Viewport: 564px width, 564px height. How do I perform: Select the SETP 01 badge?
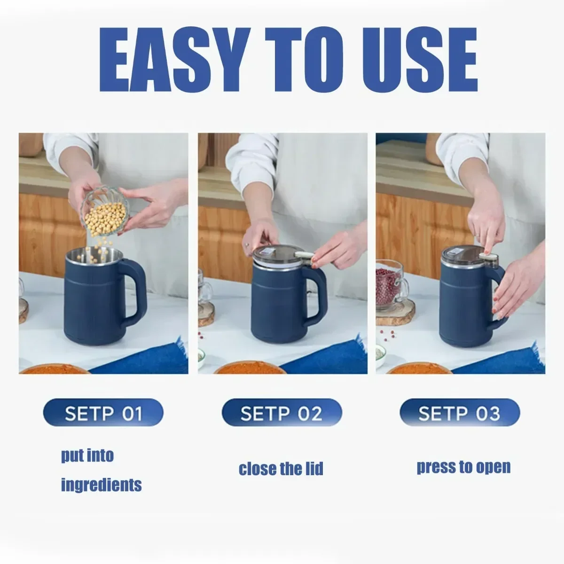pos(103,414)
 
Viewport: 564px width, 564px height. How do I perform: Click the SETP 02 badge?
pos(282,414)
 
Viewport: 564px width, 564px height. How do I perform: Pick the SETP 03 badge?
pos(460,414)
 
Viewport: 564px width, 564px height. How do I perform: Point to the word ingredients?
pos(101,484)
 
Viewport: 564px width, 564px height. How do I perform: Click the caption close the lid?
pos(281,469)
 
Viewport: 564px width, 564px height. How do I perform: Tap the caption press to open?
pos(463,467)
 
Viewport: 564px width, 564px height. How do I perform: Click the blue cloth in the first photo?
pos(146,360)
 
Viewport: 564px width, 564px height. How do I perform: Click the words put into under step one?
pos(87,455)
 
